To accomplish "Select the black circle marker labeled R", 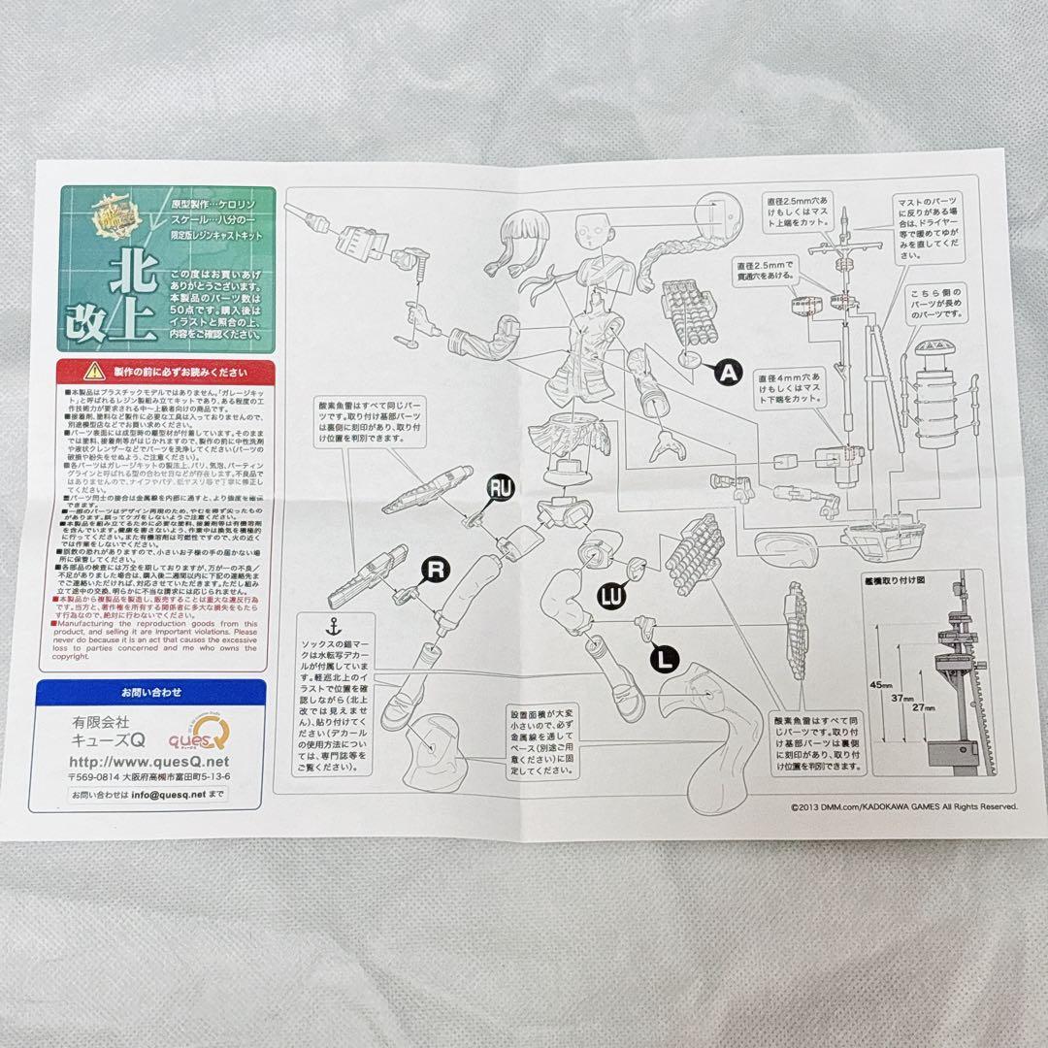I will (436, 571).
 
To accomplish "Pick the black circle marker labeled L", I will (664, 658).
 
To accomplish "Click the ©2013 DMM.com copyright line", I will (902, 805).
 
